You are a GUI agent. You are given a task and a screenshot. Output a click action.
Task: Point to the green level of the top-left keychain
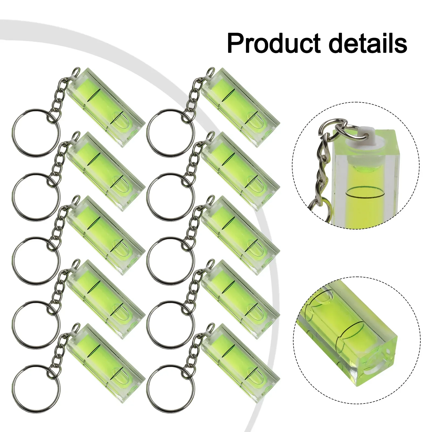coord(105,107)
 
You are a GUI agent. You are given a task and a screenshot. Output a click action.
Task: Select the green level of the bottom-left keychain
coord(105,363)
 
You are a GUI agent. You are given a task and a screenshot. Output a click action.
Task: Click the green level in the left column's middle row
coord(105,235)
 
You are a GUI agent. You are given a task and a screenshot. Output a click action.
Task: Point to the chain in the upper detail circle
coord(323,167)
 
